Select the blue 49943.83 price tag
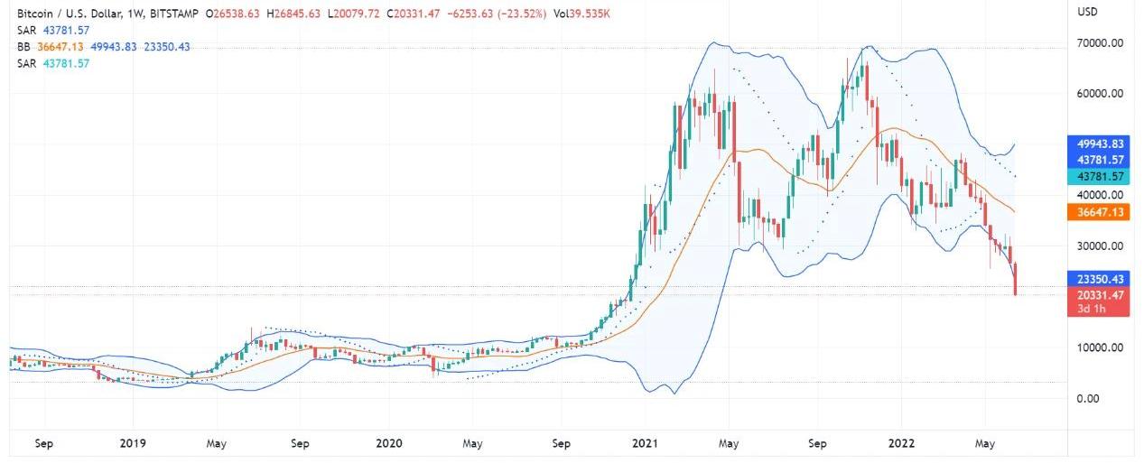[1098, 144]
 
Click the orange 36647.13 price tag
[1098, 212]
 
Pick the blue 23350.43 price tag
[1098, 279]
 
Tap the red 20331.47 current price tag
[1098, 295]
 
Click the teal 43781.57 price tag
[1098, 177]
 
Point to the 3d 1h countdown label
[1092, 310]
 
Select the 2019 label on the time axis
[133, 443]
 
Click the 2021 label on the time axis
[645, 443]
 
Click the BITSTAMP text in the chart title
[170, 14]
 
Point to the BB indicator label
[24, 47]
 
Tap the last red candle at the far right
[1016, 279]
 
